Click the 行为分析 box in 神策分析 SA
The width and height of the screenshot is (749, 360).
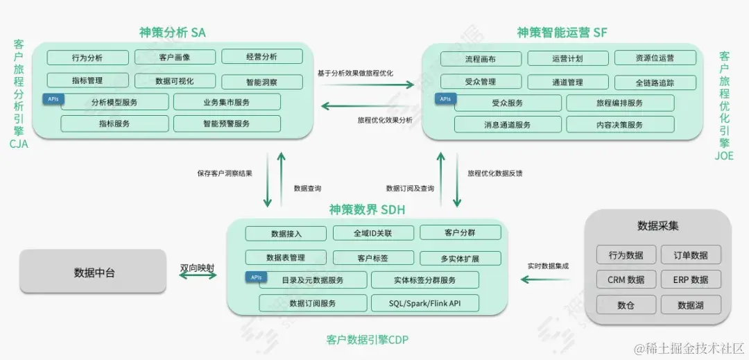88,58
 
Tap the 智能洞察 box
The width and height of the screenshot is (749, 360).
261,82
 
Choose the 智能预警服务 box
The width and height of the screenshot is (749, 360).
227,123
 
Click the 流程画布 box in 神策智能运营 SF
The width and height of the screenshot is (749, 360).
481,58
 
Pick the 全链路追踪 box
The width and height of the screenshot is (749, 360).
655,83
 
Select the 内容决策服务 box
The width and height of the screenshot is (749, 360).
620,125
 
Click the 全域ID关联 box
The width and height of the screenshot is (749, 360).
373,234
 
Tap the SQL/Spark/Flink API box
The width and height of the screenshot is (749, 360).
424,303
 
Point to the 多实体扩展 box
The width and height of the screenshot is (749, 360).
460,259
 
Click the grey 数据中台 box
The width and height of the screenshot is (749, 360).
93,272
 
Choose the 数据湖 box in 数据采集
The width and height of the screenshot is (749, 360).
691,305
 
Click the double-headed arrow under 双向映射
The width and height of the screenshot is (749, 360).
197,275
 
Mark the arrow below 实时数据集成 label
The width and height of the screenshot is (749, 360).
544,279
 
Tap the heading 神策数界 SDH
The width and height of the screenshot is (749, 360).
367,209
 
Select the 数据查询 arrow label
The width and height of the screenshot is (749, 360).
307,188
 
